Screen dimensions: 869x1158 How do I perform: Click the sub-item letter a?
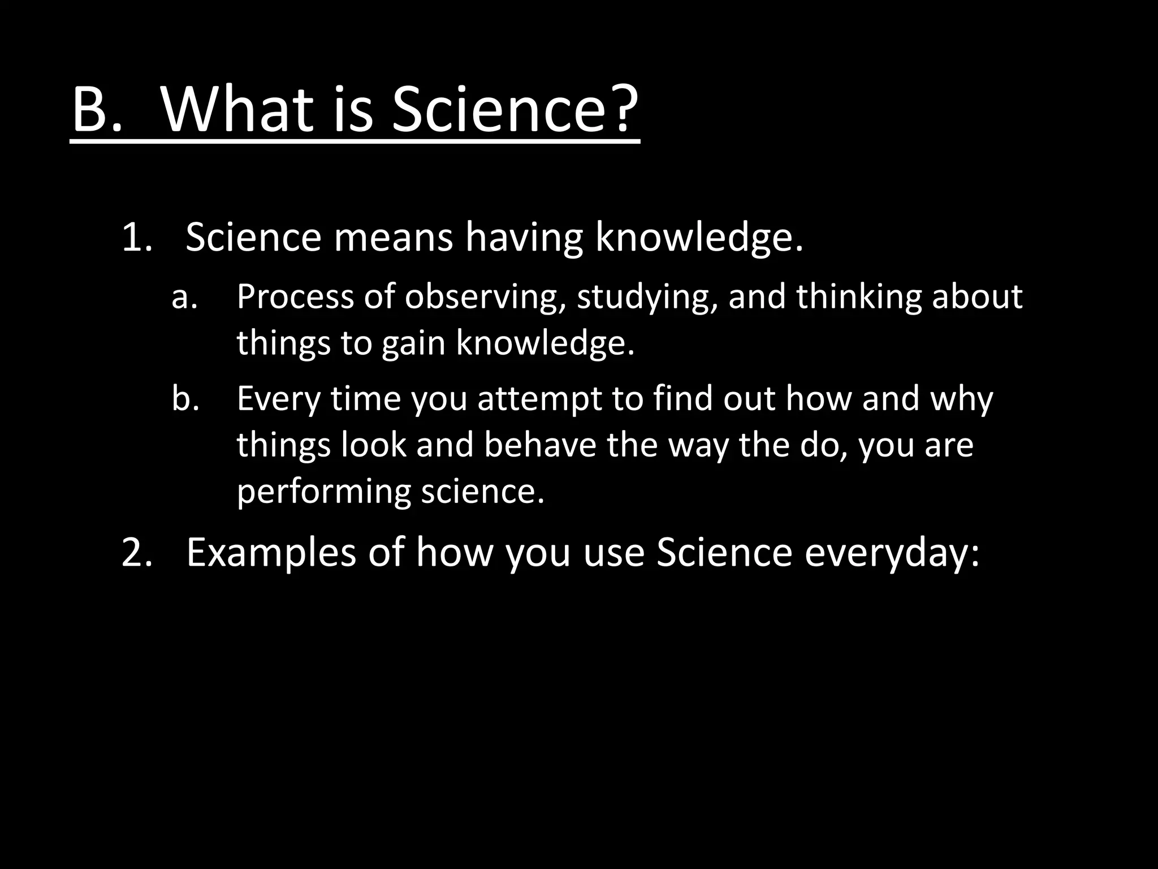(x=184, y=298)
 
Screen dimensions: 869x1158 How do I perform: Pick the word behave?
(x=540, y=445)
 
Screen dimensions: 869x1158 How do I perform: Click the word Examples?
(x=271, y=553)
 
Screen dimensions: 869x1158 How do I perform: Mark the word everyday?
(x=891, y=553)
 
